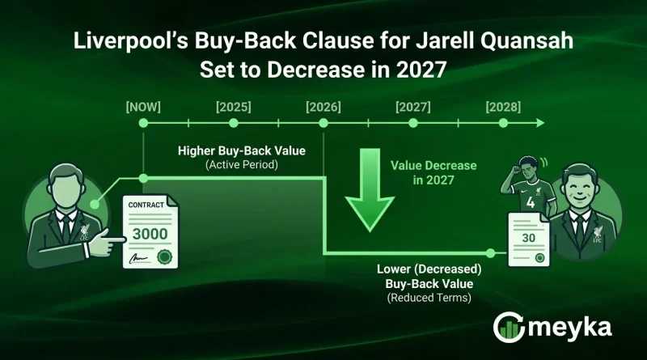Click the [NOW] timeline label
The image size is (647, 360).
(x=143, y=106)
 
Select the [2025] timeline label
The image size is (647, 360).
(x=233, y=106)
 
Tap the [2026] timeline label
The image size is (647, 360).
(x=323, y=106)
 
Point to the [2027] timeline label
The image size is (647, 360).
(x=413, y=106)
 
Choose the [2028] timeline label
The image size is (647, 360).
(x=503, y=106)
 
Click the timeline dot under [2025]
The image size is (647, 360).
(x=233, y=124)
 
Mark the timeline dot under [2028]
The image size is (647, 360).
(x=503, y=124)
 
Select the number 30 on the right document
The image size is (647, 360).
(x=528, y=239)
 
